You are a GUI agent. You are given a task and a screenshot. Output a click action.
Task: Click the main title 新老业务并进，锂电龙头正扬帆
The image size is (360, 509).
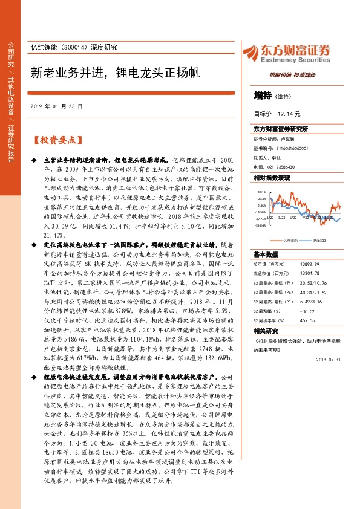(114, 73)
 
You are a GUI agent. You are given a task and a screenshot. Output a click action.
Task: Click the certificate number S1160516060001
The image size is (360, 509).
(289, 148)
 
